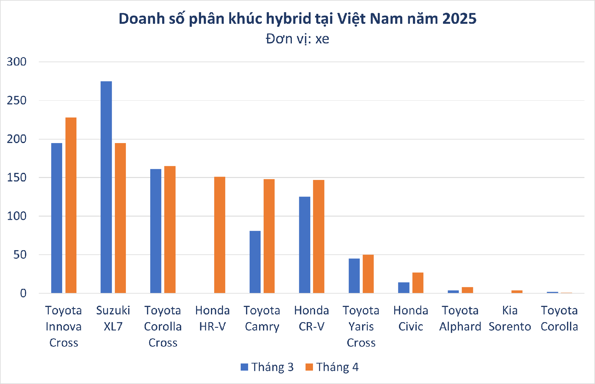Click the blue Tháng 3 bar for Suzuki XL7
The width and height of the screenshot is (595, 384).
106,187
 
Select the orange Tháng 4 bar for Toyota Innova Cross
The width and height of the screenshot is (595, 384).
71,205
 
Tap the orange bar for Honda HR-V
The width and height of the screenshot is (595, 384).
220,235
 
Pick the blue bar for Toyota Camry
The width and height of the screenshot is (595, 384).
255,262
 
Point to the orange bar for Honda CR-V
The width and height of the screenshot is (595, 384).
319,236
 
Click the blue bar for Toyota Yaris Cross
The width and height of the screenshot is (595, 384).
354,276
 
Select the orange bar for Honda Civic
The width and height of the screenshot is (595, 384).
418,283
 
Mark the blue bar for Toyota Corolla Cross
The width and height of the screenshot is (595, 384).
156,231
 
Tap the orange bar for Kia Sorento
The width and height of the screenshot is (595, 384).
517,292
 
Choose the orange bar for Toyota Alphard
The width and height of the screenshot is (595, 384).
467,290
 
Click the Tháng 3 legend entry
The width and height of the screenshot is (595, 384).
267,367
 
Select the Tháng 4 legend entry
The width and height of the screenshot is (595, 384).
332,367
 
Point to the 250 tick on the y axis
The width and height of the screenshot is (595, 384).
17,101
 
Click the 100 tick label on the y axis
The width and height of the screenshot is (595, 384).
17,216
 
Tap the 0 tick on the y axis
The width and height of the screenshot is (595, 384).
23,294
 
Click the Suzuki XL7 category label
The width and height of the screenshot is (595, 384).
113,319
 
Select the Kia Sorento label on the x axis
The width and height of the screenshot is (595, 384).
510,319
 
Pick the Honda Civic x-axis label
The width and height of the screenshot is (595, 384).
411,319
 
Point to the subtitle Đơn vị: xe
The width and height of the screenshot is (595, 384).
297,39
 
